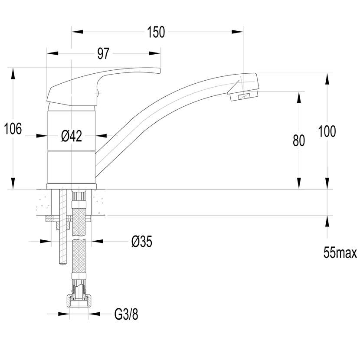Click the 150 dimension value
(156, 32)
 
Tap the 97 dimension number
(103, 53)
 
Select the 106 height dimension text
(13, 128)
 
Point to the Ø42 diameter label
(72, 136)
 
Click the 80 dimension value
(299, 141)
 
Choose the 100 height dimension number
(327, 131)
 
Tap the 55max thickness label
(340, 252)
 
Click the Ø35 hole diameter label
(142, 242)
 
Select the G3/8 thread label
(126, 314)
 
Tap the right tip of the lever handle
(160, 71)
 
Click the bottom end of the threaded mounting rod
(63, 264)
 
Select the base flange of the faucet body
(72, 186)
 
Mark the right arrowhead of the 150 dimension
(237, 32)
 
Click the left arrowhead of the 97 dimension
(52, 53)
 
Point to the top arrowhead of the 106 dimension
(13, 74)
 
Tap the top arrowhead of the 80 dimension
(299, 97)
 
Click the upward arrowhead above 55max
(327, 221)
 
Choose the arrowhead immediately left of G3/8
(95, 314)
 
